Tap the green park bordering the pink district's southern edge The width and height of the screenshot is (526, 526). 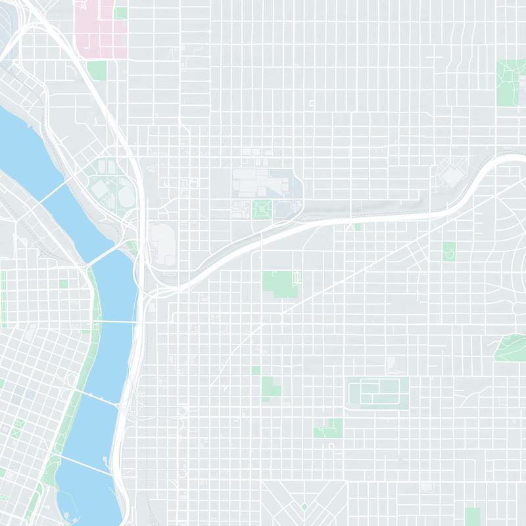[97, 70]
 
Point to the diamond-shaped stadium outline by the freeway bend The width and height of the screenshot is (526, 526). [452, 175]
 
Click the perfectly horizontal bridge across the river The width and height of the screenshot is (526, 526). [118, 322]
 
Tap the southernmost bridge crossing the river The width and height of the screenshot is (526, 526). [85, 464]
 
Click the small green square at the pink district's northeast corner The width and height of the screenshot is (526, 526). [120, 13]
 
